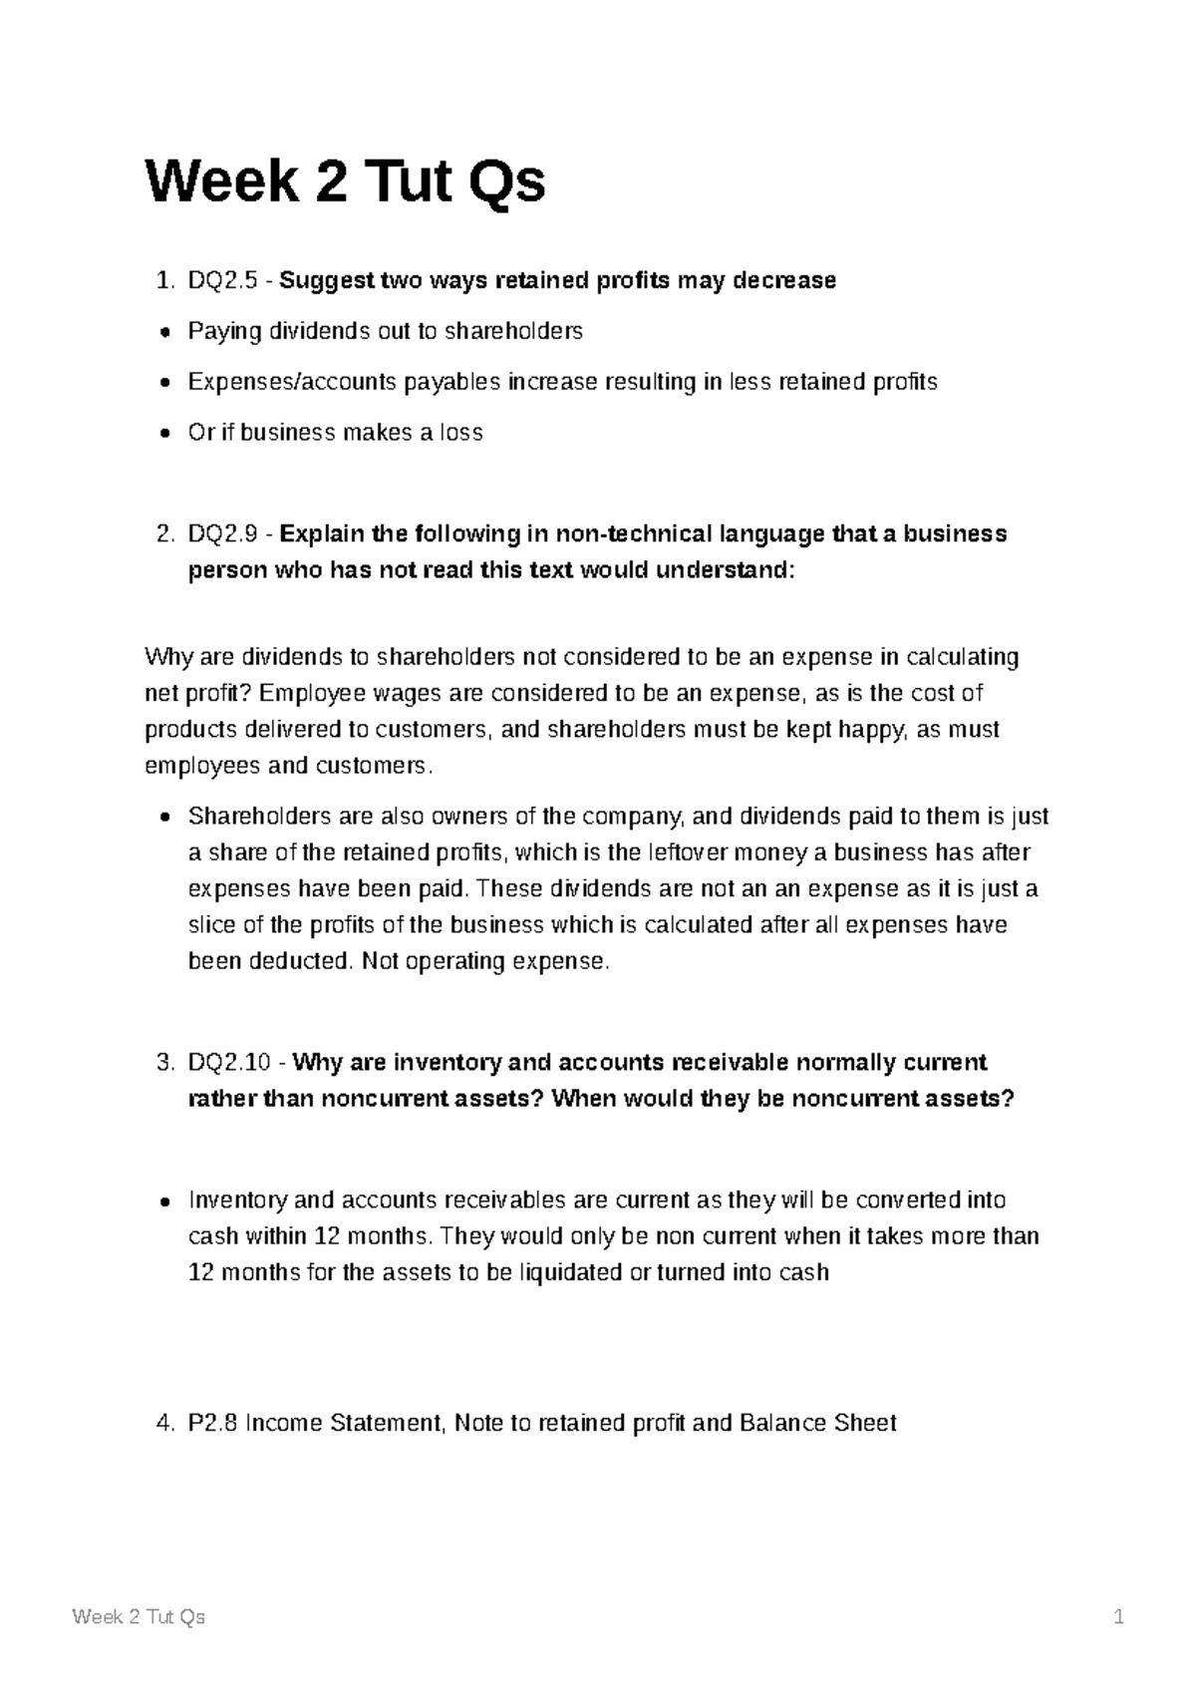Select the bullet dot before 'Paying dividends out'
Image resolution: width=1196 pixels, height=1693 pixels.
tap(164, 332)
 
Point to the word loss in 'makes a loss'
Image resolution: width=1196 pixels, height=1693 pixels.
tap(461, 433)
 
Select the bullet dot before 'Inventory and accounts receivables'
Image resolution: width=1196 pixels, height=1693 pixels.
tap(164, 1201)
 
